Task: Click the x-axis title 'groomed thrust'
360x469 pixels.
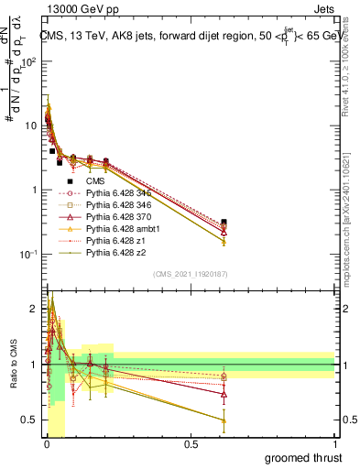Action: point(303,457)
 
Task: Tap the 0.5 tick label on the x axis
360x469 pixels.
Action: point(191,443)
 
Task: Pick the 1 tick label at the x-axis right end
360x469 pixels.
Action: point(335,443)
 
